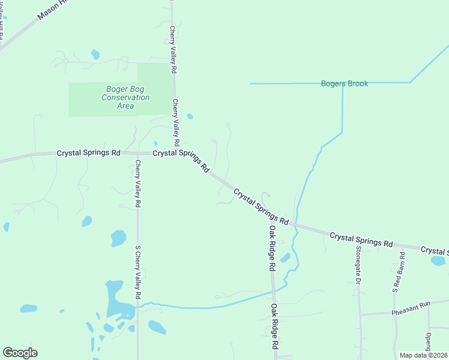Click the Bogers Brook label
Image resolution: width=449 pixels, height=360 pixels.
click(345, 83)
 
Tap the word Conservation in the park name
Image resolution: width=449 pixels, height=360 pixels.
click(125, 97)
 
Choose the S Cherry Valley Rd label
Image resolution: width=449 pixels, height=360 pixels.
click(137, 272)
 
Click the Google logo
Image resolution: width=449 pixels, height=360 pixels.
click(20, 353)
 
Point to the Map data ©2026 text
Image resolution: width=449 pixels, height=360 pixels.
click(423, 355)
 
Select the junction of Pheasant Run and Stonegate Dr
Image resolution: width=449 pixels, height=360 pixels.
click(360, 314)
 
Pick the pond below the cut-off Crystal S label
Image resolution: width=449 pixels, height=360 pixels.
click(438, 261)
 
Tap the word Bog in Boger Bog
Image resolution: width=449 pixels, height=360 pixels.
click(136, 89)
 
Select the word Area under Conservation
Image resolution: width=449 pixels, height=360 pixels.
click(125, 106)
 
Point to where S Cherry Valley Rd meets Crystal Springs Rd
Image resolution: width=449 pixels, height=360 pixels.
click(137, 153)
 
